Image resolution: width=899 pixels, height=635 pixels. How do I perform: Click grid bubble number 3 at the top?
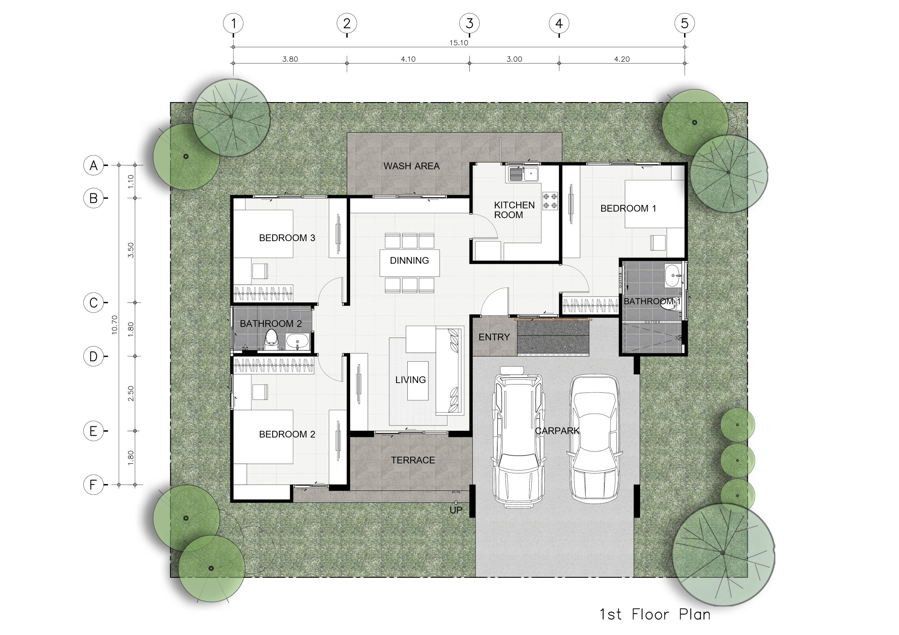coord(469,24)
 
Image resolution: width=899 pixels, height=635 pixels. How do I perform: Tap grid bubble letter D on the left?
coord(93,356)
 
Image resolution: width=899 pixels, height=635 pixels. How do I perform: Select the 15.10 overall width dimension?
coord(459,43)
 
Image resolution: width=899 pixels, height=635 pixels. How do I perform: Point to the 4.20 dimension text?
coord(622,59)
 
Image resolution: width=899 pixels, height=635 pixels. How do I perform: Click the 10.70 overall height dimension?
coord(114,325)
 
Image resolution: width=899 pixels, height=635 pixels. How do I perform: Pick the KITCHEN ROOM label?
coord(514,210)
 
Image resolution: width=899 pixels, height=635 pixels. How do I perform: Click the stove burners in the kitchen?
coord(550,201)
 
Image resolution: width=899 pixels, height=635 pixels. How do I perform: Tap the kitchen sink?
coord(524,174)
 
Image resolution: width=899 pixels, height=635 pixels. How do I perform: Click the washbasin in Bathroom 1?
coord(673,275)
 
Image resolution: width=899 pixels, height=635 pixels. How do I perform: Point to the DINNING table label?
coord(409,261)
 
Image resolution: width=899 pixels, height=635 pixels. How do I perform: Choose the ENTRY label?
coord(494,337)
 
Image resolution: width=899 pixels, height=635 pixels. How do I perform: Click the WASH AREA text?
coord(412,166)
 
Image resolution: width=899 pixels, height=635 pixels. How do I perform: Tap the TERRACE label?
coord(413,460)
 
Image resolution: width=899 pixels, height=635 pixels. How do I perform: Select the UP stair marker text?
coord(456,510)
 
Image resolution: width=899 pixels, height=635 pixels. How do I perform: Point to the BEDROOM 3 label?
coord(287,238)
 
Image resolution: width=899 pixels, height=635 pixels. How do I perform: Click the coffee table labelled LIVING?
coord(418,380)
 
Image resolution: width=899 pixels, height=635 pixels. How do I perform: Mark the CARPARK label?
coord(557,431)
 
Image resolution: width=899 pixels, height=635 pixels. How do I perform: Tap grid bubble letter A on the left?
coord(93,165)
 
